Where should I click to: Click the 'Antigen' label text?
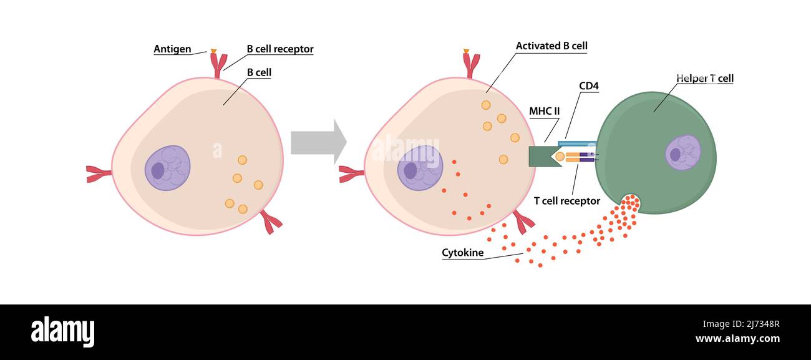click(172, 49)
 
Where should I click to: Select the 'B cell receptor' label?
click(280, 49)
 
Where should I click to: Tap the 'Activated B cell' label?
click(551, 46)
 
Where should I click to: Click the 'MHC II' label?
click(545, 112)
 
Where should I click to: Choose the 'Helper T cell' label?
click(705, 79)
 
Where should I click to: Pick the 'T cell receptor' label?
click(567, 201)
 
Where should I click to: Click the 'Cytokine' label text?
click(463, 253)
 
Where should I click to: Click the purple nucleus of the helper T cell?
click(682, 152)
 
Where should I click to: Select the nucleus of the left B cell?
click(167, 168)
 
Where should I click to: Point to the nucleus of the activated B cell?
click(420, 168)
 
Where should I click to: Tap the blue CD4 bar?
click(577, 144)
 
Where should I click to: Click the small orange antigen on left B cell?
click(213, 51)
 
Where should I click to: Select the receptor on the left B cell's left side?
click(98, 173)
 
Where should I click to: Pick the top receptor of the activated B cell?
click(471, 64)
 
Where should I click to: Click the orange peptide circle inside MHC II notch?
click(560, 157)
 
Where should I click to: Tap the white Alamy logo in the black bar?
click(62, 331)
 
